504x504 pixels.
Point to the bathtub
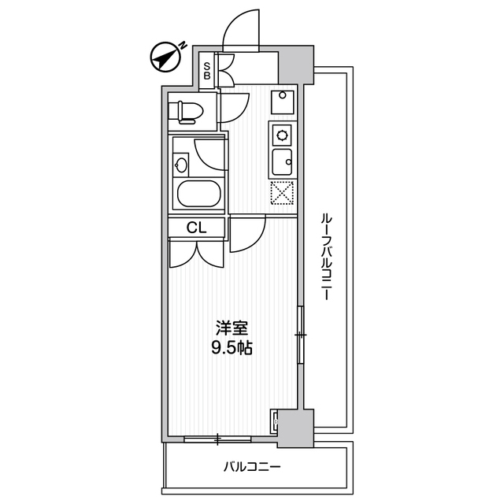(x=198, y=194)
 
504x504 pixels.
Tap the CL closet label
(x=197, y=228)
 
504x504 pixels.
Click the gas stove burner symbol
(x=281, y=133)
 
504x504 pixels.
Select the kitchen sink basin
(x=281, y=163)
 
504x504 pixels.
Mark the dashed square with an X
(x=281, y=192)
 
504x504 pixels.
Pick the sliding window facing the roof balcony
(x=301, y=335)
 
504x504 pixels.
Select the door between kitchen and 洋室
(x=246, y=234)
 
